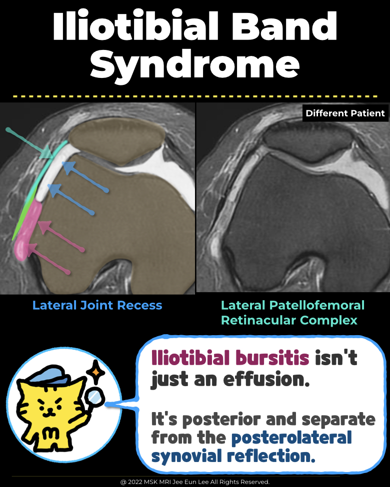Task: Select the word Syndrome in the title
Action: click(x=195, y=65)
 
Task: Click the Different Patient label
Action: click(x=345, y=113)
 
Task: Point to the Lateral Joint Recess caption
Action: click(x=97, y=305)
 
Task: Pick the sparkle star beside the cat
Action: click(x=93, y=372)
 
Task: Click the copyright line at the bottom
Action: click(x=195, y=482)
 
